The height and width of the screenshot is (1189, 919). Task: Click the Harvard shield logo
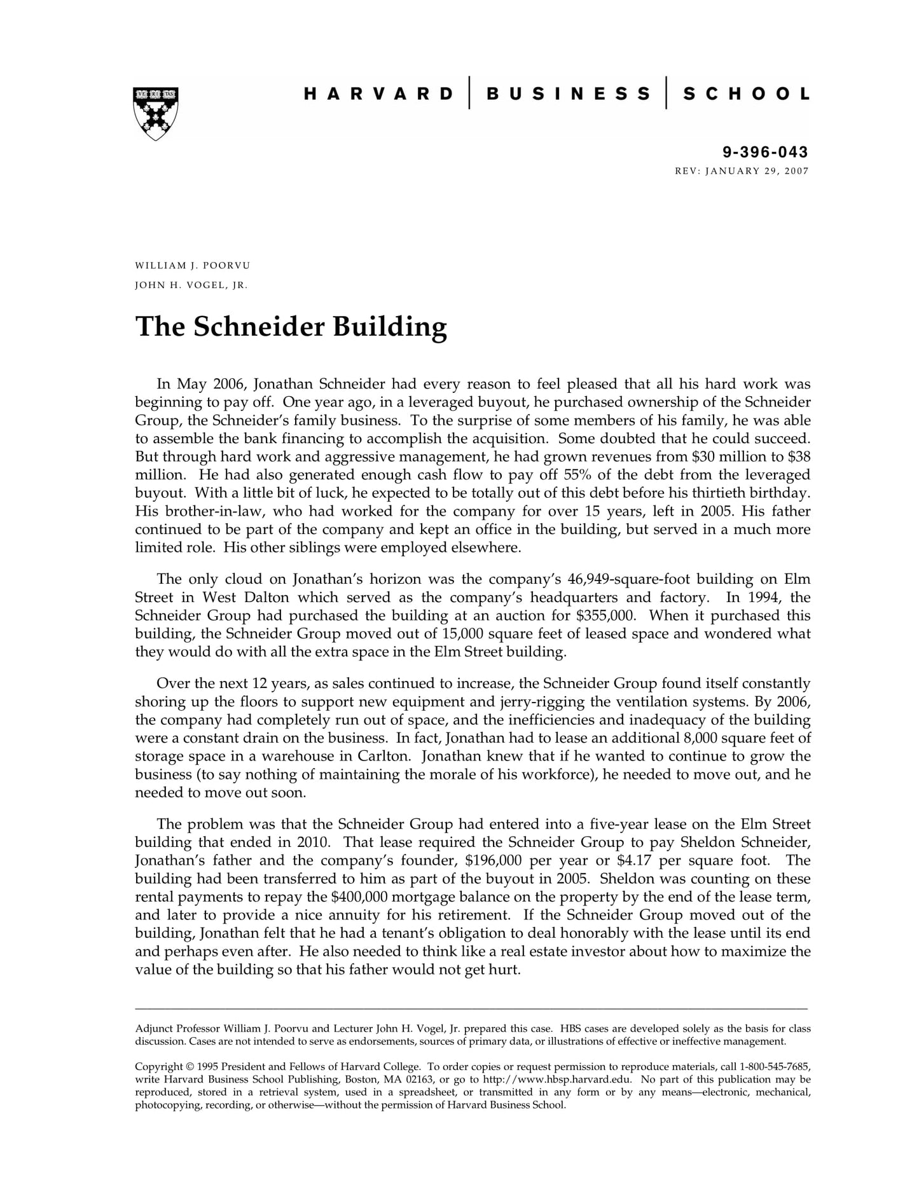(156, 113)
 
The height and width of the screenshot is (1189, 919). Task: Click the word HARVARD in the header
(378, 94)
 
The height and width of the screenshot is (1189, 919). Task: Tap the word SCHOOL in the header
(746, 94)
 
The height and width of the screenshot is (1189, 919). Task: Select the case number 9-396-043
(765, 152)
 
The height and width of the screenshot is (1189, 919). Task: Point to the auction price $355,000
(603, 615)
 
